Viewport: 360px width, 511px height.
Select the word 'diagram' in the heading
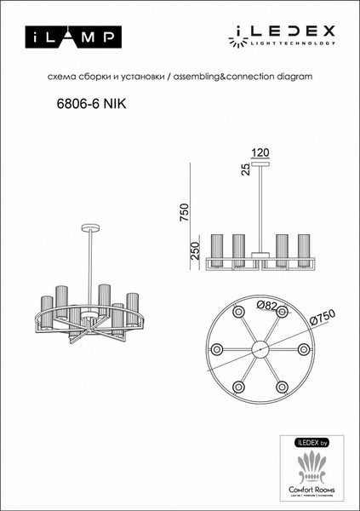tap(293, 78)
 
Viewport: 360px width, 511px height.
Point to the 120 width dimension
tap(261, 152)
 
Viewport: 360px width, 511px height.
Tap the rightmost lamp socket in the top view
tap(305, 350)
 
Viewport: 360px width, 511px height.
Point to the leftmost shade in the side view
tap(216, 248)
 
